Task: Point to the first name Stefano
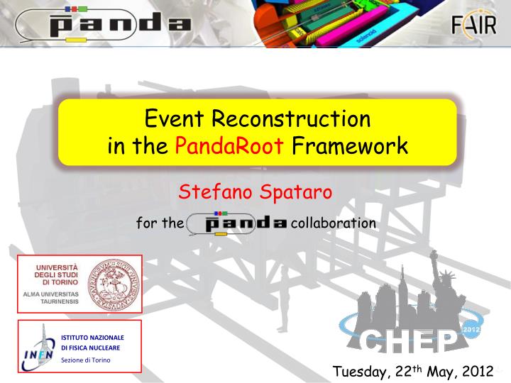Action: point(214,191)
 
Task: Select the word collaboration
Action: point(333,223)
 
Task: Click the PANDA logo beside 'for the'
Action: point(236,223)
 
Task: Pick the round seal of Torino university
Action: point(111,282)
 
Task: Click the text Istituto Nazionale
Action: point(92,337)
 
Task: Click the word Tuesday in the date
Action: point(360,372)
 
